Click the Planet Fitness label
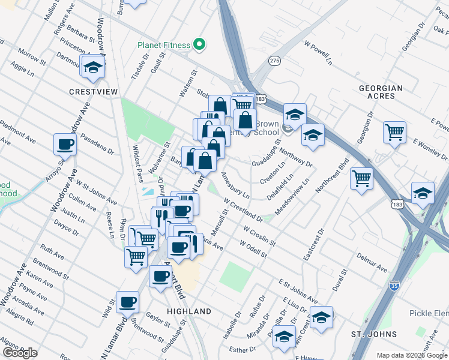(163, 44)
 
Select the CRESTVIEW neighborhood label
(93, 91)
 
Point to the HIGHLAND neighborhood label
(189, 311)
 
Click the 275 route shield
(274, 61)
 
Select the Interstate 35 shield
(394, 286)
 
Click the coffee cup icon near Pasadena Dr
(65, 144)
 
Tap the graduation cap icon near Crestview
(94, 67)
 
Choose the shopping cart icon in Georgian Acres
(394, 131)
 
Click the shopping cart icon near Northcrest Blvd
(362, 178)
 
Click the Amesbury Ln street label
(235, 186)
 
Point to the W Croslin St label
(260, 236)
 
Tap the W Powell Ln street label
(318, 53)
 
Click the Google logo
(20, 353)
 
